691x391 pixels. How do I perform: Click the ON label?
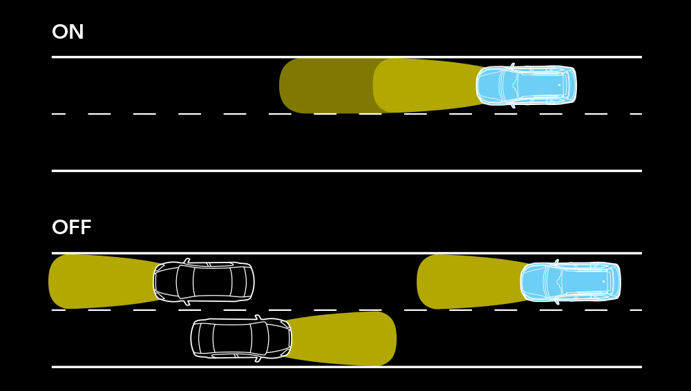tap(68, 32)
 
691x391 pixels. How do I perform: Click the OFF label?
tap(71, 228)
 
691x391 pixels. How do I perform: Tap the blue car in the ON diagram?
tap(527, 86)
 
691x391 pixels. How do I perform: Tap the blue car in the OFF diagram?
tap(571, 282)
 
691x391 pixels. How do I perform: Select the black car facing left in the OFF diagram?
tap(204, 282)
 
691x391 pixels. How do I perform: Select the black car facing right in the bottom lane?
tap(241, 338)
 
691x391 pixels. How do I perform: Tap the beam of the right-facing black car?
tap(345, 338)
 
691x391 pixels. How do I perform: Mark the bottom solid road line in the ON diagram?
tap(345, 171)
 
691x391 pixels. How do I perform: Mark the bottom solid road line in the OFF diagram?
tap(484, 367)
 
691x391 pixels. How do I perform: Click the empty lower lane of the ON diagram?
tap(345, 142)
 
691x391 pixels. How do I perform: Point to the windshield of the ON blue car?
tap(509, 86)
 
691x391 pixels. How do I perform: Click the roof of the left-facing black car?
tap(212, 282)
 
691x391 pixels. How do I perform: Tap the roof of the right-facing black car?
tap(232, 338)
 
